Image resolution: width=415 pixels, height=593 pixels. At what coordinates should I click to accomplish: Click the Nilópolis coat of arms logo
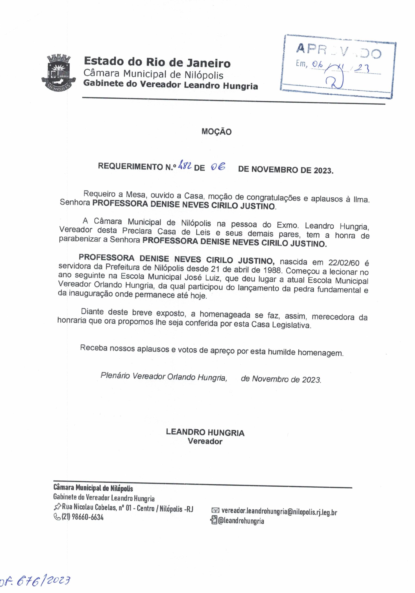coord(59,73)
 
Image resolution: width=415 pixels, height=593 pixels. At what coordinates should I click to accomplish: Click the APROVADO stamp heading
coord(338,51)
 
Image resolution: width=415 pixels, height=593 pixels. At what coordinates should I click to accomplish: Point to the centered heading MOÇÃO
coord(216,132)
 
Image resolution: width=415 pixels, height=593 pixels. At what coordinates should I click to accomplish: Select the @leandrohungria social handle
coord(241,521)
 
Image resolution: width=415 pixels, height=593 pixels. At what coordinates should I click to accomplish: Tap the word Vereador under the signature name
coord(205,442)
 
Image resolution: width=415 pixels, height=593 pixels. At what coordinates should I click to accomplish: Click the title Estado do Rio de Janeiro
coord(157,63)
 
